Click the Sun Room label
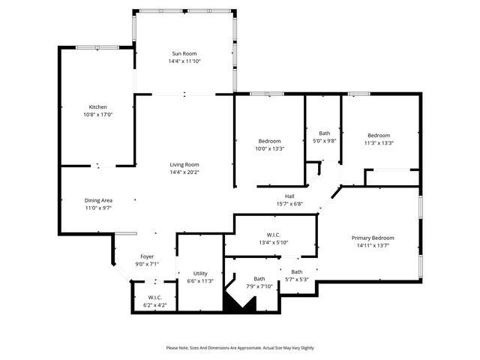click(x=184, y=53)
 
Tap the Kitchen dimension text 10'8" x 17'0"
click(x=98, y=115)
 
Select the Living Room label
click(x=184, y=164)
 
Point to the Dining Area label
click(x=98, y=200)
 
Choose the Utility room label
click(x=200, y=273)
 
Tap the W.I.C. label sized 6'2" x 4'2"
click(x=155, y=297)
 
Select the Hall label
click(x=289, y=196)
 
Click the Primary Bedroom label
click(x=373, y=238)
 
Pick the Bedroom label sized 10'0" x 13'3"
click(x=270, y=141)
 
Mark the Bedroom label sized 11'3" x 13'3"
click(x=379, y=135)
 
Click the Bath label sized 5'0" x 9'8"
click(x=324, y=133)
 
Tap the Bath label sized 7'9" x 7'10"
click(x=259, y=278)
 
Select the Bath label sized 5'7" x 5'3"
click(x=297, y=271)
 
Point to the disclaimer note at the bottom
click(x=240, y=348)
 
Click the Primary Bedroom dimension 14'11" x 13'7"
click(x=373, y=245)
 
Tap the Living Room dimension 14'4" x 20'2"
click(x=184, y=172)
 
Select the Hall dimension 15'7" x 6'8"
click(x=289, y=204)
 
